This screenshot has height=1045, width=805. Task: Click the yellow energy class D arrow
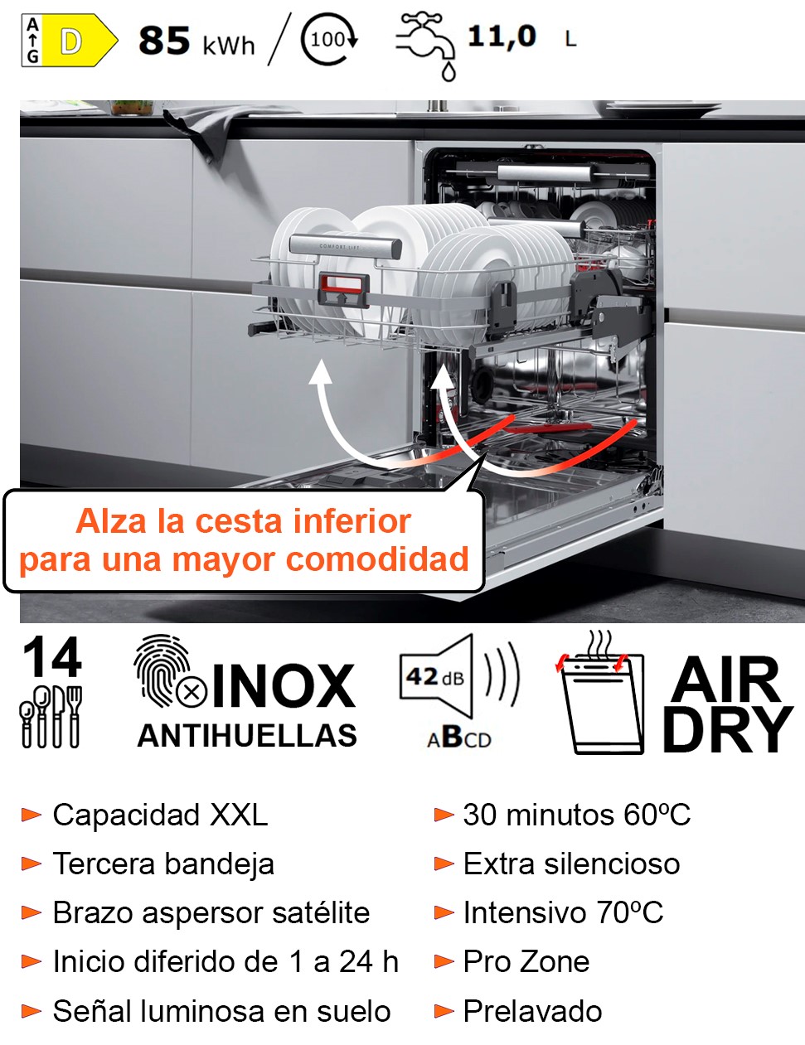point(79,41)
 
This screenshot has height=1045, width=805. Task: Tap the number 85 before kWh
point(164,41)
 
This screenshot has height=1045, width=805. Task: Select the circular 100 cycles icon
point(329,40)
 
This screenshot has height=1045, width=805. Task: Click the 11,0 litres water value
point(502,37)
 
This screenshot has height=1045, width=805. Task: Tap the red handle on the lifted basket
point(344,289)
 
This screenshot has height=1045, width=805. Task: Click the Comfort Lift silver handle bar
point(345,247)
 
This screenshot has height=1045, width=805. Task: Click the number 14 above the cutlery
point(51,657)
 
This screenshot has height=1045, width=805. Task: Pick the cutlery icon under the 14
point(51,717)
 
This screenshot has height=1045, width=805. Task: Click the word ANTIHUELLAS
point(247,736)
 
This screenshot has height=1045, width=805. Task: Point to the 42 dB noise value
point(434,677)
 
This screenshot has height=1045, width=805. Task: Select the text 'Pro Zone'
point(526,961)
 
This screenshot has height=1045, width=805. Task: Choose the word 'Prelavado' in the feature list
point(532,1010)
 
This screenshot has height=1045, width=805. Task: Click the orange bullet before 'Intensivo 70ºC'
point(444,912)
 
